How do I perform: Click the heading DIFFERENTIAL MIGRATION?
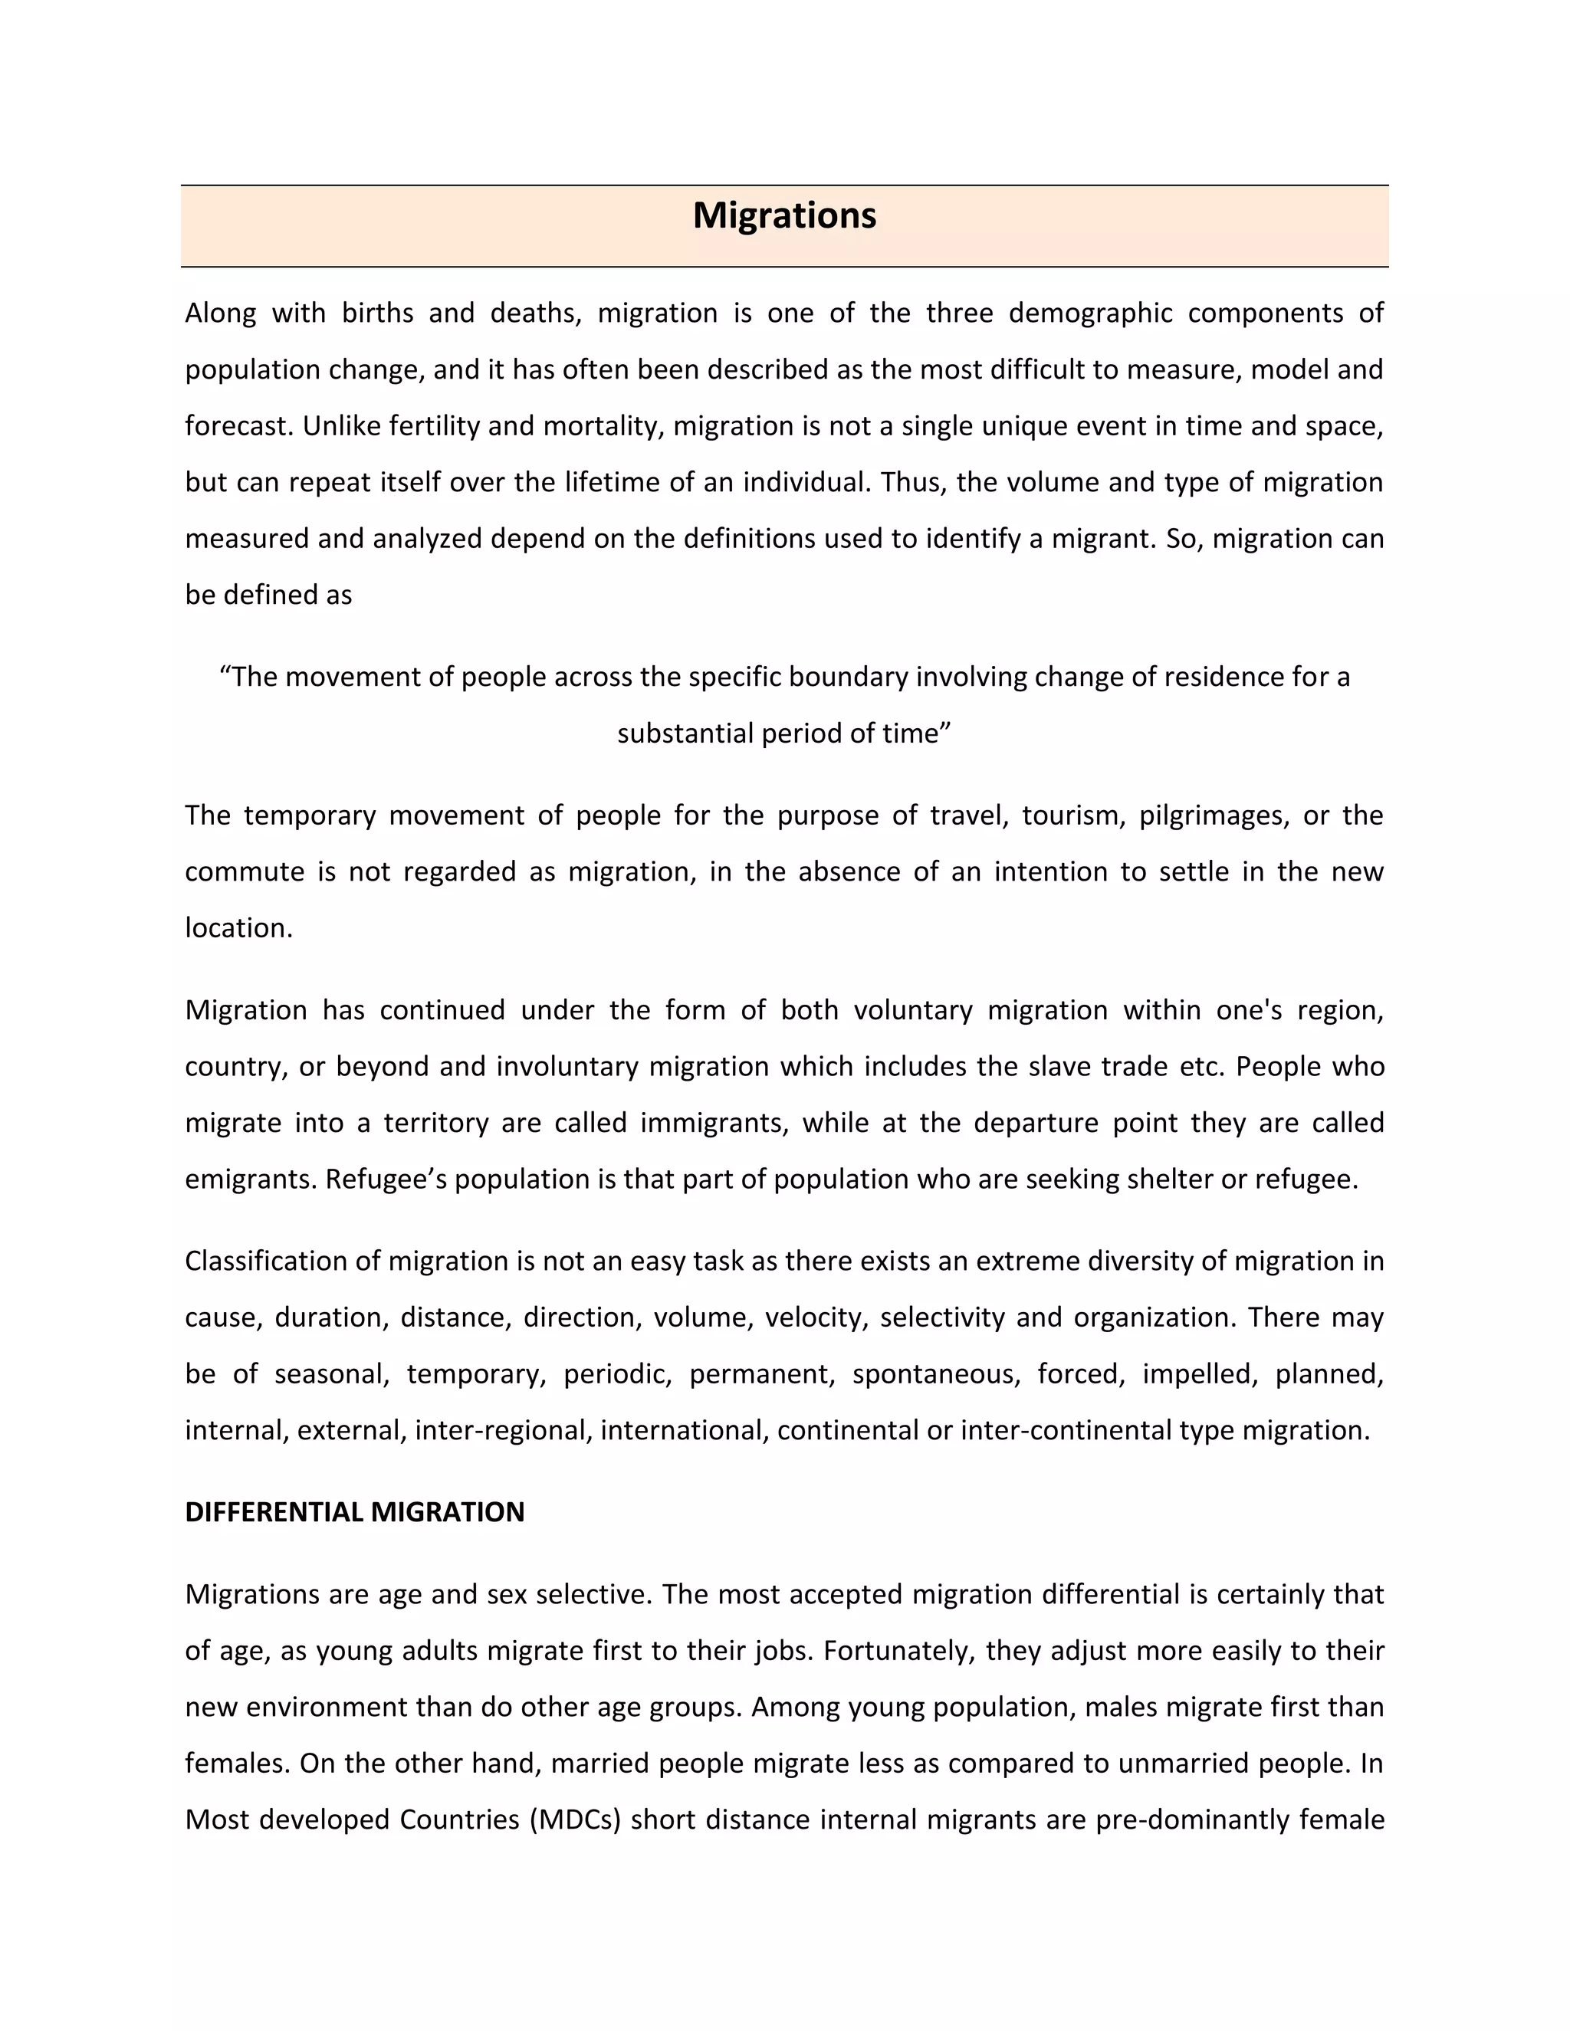click(x=354, y=1512)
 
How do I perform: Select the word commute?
click(x=245, y=872)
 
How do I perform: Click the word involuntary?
click(x=567, y=1067)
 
